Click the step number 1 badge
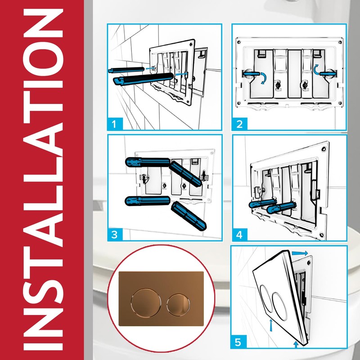(115, 124)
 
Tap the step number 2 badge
(239, 124)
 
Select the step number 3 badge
(115, 234)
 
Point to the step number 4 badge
(239, 234)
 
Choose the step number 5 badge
(238, 342)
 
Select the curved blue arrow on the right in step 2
(316, 69)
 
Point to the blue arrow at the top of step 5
(300, 253)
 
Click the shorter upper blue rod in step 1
(126, 69)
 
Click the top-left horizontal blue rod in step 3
(148, 162)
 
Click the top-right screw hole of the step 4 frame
(324, 149)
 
